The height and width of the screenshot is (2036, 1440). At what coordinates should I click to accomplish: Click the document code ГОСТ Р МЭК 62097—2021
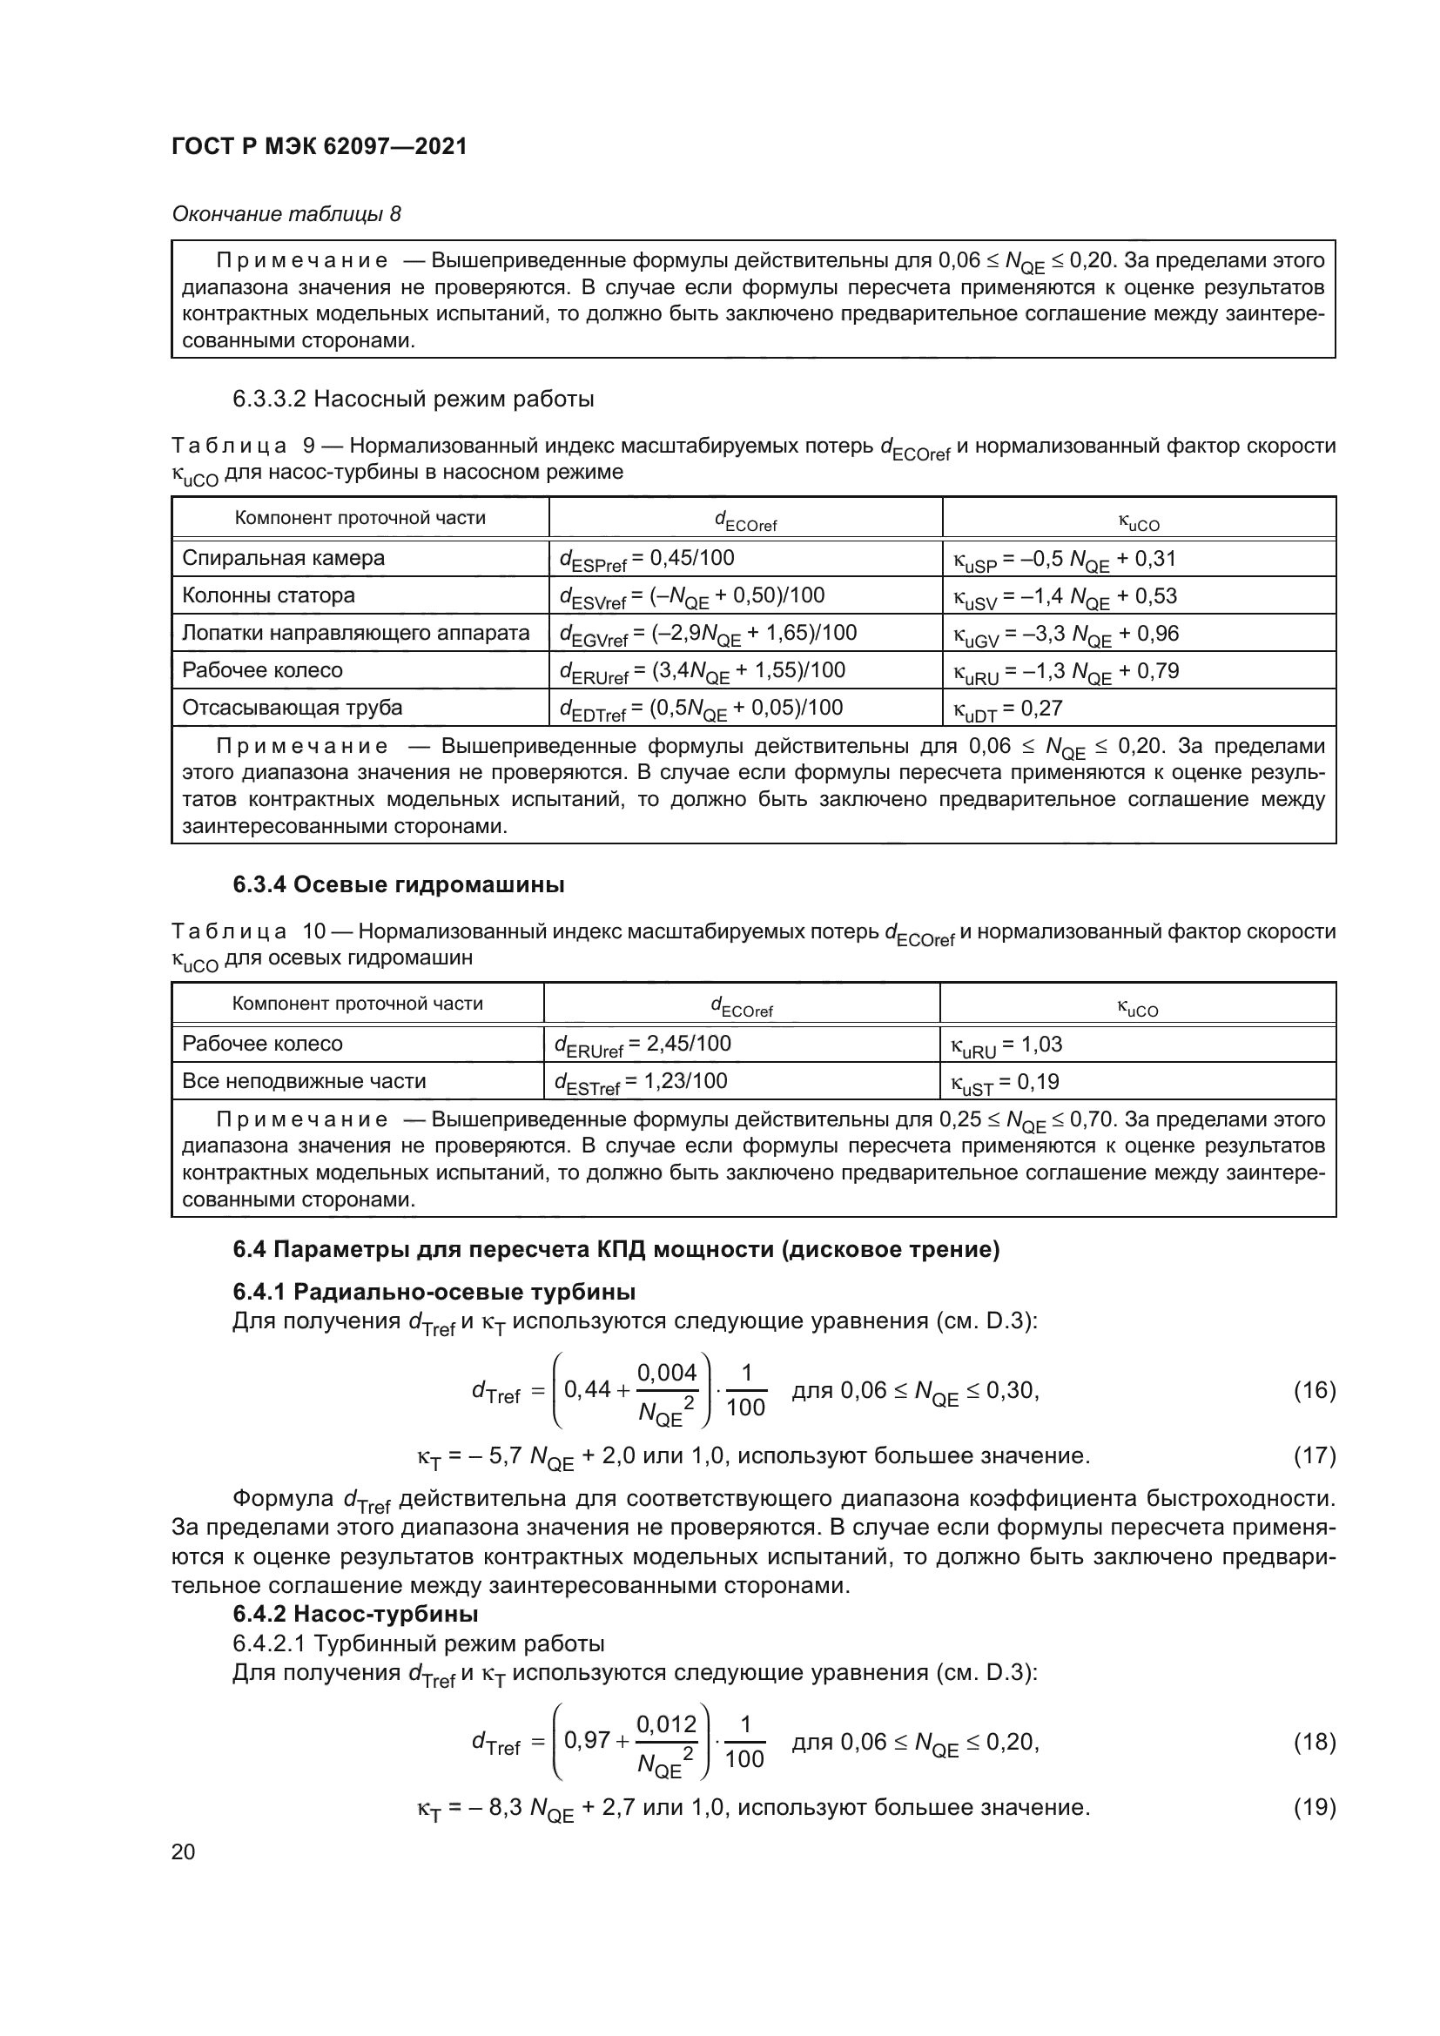coord(320,146)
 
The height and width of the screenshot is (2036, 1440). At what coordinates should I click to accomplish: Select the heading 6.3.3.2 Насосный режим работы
coord(414,399)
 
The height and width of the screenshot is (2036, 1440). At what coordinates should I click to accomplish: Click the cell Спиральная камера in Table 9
coord(283,558)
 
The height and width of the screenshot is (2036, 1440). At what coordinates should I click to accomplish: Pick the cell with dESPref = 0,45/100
coord(646,559)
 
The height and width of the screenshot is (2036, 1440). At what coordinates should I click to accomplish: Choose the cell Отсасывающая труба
coord(292,708)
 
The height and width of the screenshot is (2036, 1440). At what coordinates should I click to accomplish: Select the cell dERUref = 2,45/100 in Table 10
coord(643,1045)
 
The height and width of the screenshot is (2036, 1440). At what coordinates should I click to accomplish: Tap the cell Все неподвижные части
coord(303,1081)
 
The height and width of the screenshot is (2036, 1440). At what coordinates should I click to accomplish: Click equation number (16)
coord(1314,1390)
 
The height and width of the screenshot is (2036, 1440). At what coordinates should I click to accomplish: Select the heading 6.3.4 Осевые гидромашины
coord(398,884)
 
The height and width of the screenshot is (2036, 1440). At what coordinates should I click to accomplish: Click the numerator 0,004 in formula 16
coord(667,1374)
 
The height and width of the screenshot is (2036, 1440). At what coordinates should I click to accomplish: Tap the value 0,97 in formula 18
coord(587,1740)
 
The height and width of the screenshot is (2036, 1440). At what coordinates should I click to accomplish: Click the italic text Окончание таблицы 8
coord(286,214)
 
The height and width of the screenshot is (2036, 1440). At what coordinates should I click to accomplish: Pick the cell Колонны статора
coord(268,595)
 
